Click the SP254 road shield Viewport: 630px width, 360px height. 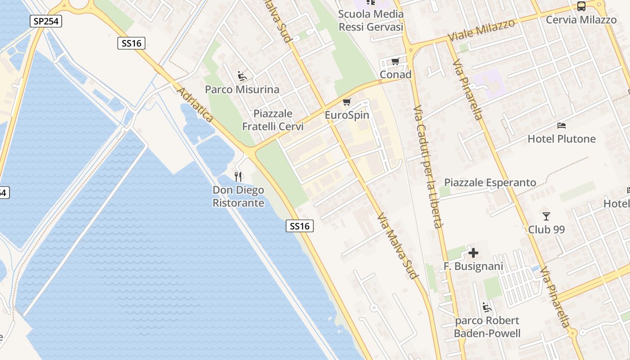[x=46, y=21]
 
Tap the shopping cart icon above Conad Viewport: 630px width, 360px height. [x=396, y=62]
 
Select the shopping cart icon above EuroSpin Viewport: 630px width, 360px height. [x=346, y=103]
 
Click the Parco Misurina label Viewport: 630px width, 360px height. [x=242, y=90]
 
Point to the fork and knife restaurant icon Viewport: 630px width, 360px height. [x=238, y=176]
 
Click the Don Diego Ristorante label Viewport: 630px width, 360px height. [x=238, y=197]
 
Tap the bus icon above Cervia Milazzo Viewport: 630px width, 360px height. [x=581, y=6]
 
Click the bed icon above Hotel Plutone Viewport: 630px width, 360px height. [x=562, y=126]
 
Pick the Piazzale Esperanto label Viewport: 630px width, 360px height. [x=490, y=182]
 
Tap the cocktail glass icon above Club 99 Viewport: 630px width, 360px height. [x=546, y=216]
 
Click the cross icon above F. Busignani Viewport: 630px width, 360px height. [x=473, y=253]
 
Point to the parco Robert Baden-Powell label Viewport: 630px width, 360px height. [x=487, y=327]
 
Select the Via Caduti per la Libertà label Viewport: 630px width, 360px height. [x=429, y=167]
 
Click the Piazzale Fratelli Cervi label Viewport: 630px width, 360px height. [x=273, y=120]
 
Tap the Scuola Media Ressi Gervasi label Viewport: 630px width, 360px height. [x=371, y=20]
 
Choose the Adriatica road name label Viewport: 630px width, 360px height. [x=195, y=105]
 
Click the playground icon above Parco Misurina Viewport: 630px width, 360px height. [x=242, y=76]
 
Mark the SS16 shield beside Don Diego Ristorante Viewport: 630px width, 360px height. [x=300, y=226]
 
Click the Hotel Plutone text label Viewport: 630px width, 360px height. [x=562, y=139]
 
